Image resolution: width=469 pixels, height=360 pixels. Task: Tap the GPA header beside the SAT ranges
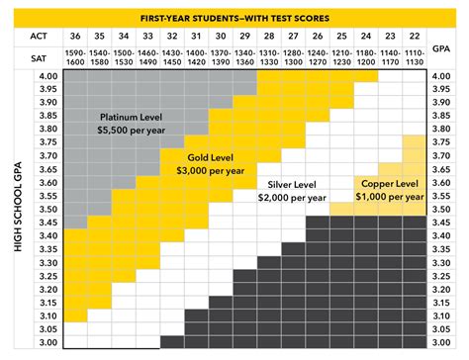443,46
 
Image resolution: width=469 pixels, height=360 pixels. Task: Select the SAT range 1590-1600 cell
75,58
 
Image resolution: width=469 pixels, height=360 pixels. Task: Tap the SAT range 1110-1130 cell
413,58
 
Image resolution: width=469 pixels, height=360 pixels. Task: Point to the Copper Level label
389,184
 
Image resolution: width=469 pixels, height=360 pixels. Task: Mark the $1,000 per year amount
389,198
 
